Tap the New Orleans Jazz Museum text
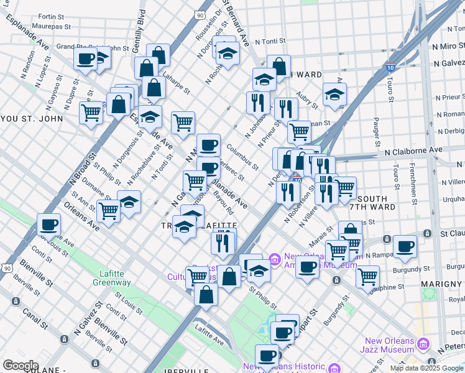(x=390, y=345)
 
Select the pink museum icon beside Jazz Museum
(x=425, y=344)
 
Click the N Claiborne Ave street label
(x=413, y=150)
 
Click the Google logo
(x=21, y=366)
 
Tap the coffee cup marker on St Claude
(x=405, y=246)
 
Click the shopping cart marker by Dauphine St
(x=368, y=275)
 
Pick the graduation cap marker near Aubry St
(x=334, y=94)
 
